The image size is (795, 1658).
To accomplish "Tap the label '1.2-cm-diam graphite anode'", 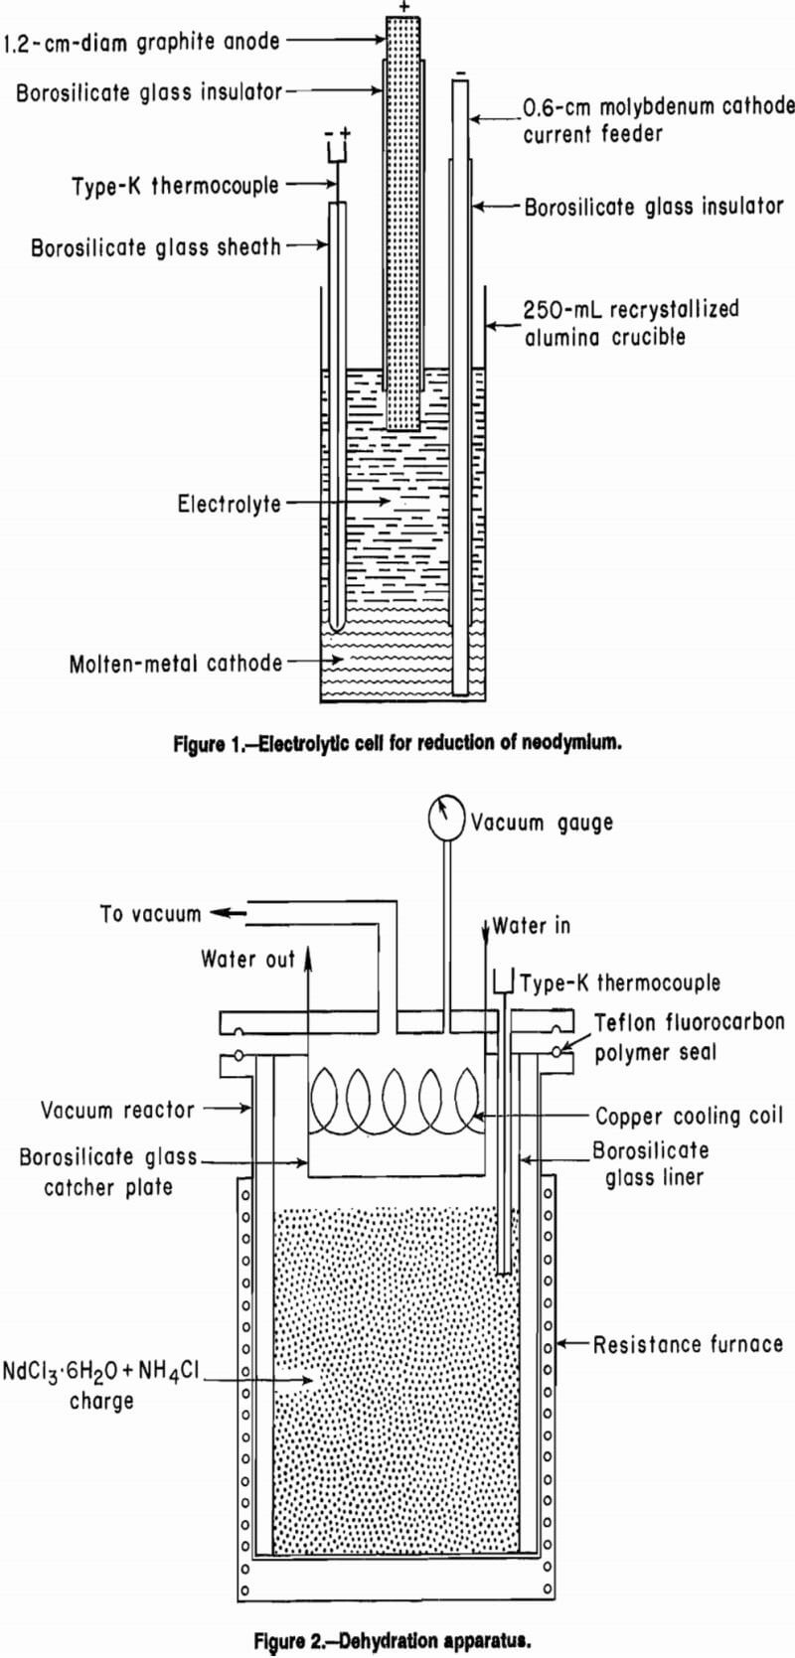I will (141, 42).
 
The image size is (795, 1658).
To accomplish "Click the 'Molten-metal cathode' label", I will (176, 664).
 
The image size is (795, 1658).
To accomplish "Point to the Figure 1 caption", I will (397, 743).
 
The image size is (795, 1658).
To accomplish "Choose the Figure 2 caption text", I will (398, 1640).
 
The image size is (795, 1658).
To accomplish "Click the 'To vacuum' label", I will (150, 914).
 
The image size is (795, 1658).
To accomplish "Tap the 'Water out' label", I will (248, 959).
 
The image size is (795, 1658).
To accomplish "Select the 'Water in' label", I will (534, 926).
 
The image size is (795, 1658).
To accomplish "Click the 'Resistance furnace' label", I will (688, 1345).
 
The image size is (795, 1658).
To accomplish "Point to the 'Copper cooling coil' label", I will (690, 1116).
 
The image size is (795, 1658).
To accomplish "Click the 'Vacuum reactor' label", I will (118, 1110).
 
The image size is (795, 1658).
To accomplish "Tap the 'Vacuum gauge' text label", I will (542, 823).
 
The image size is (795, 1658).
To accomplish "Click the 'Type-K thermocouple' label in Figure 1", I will (176, 186).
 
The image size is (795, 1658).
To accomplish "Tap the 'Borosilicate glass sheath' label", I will (156, 247).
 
